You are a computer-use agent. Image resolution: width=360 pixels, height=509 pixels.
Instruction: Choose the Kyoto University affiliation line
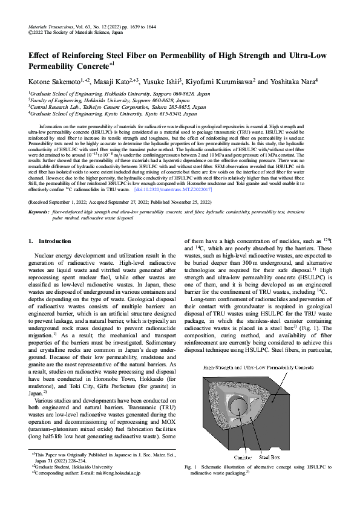coord(113,113)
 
